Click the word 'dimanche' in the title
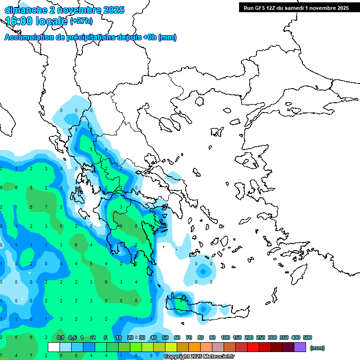[x=23, y=10]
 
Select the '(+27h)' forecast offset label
[x=81, y=21]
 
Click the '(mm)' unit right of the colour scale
[x=317, y=348]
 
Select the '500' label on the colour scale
[x=307, y=337]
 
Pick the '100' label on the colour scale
[x=225, y=337]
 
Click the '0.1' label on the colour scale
[x=60, y=337]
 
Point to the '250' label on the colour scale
[x=260, y=337]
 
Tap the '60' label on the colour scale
[x=177, y=337]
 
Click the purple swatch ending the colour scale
[x=300, y=347]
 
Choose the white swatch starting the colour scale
[x=54, y=347]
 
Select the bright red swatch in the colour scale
[x=253, y=347]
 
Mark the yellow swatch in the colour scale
[x=171, y=347]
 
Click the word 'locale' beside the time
[x=50, y=21]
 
